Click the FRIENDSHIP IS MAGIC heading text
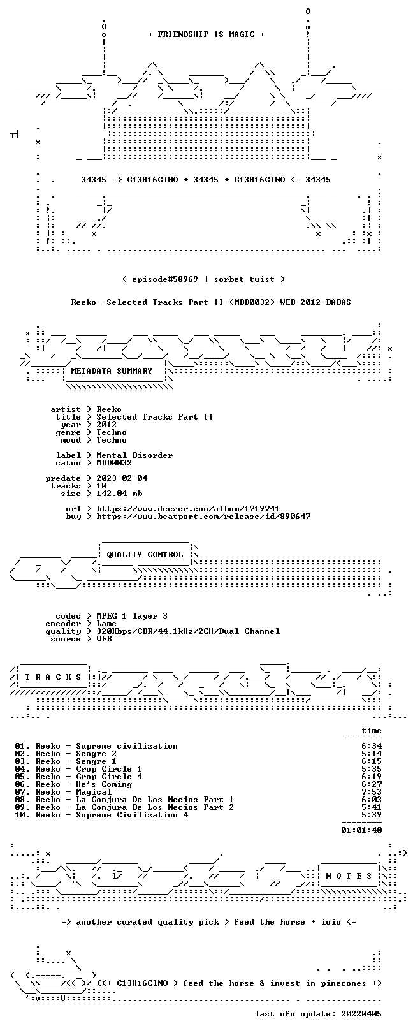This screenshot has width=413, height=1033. (x=207, y=34)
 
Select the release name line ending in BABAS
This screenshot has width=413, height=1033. (x=211, y=302)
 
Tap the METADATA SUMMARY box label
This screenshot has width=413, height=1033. (x=112, y=370)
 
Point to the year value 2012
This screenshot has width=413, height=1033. (x=106, y=425)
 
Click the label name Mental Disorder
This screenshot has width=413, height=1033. (x=134, y=455)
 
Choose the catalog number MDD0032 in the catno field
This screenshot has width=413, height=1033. (x=114, y=463)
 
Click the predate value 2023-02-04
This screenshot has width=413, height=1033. (x=122, y=478)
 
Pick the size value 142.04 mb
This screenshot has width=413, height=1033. (x=119, y=494)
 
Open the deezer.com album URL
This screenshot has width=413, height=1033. (x=187, y=509)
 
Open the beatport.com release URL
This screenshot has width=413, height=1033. (x=203, y=516)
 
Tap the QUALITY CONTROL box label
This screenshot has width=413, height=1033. (x=145, y=555)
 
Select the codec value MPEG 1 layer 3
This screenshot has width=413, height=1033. (x=132, y=616)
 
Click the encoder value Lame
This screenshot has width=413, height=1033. (x=106, y=624)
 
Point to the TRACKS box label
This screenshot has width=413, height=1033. (x=53, y=677)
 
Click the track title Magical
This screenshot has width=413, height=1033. (x=94, y=792)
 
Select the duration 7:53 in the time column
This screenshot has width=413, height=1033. (x=372, y=792)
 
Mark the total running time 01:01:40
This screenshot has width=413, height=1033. (x=361, y=830)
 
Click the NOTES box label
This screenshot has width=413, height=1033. (x=349, y=875)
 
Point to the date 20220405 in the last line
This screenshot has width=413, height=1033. (x=361, y=1014)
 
